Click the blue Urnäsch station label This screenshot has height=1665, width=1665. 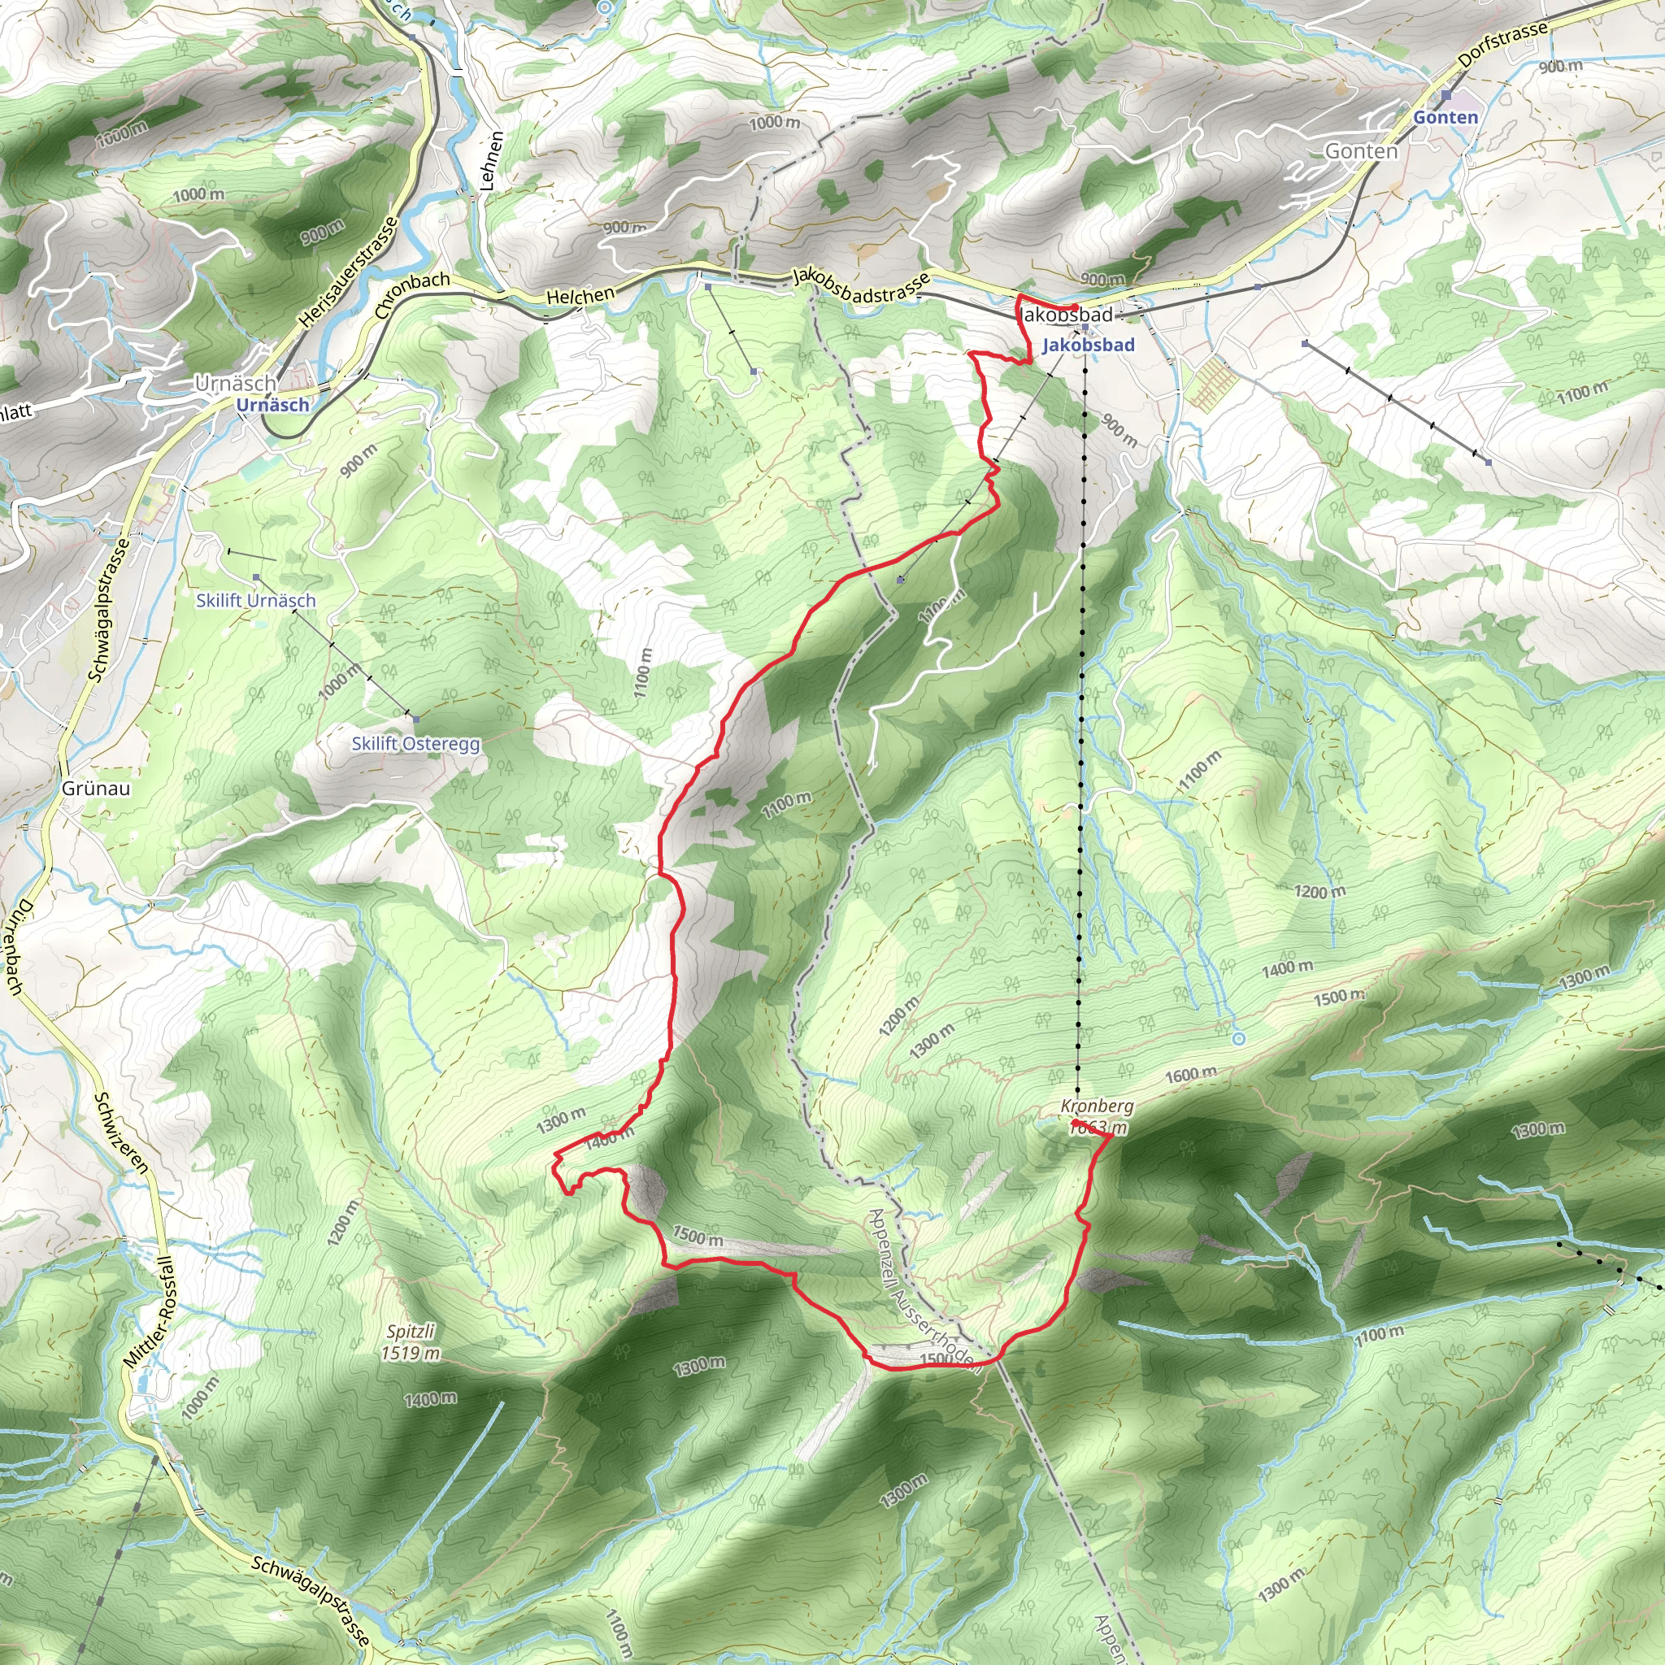coord(272,404)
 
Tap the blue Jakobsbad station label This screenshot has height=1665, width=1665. coord(1088,345)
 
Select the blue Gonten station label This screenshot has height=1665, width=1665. coord(1445,117)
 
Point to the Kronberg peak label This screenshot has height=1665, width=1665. coord(1097,1106)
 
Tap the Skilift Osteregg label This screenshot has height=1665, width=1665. coord(415,743)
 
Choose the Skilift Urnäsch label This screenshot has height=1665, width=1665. coord(255,600)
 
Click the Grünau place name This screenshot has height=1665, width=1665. coord(96,788)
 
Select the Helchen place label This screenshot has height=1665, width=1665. coord(580,296)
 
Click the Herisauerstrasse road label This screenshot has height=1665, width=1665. coord(349,272)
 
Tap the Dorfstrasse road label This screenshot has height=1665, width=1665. coord(1503,45)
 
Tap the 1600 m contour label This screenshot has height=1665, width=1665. coord(1191,1075)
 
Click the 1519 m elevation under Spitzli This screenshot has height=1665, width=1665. coord(411,1353)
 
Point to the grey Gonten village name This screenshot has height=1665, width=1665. coord(1361,151)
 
